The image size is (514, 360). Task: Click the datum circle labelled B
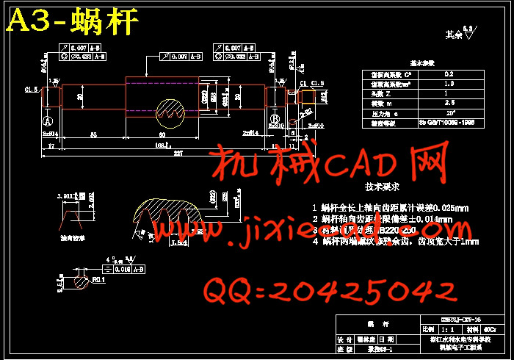pos(274,118)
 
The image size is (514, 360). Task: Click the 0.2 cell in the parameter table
pos(449,74)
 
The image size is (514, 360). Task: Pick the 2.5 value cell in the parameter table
pos(449,103)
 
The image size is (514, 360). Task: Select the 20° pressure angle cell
pos(449,113)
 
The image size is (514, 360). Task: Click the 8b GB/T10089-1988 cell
pos(449,123)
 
